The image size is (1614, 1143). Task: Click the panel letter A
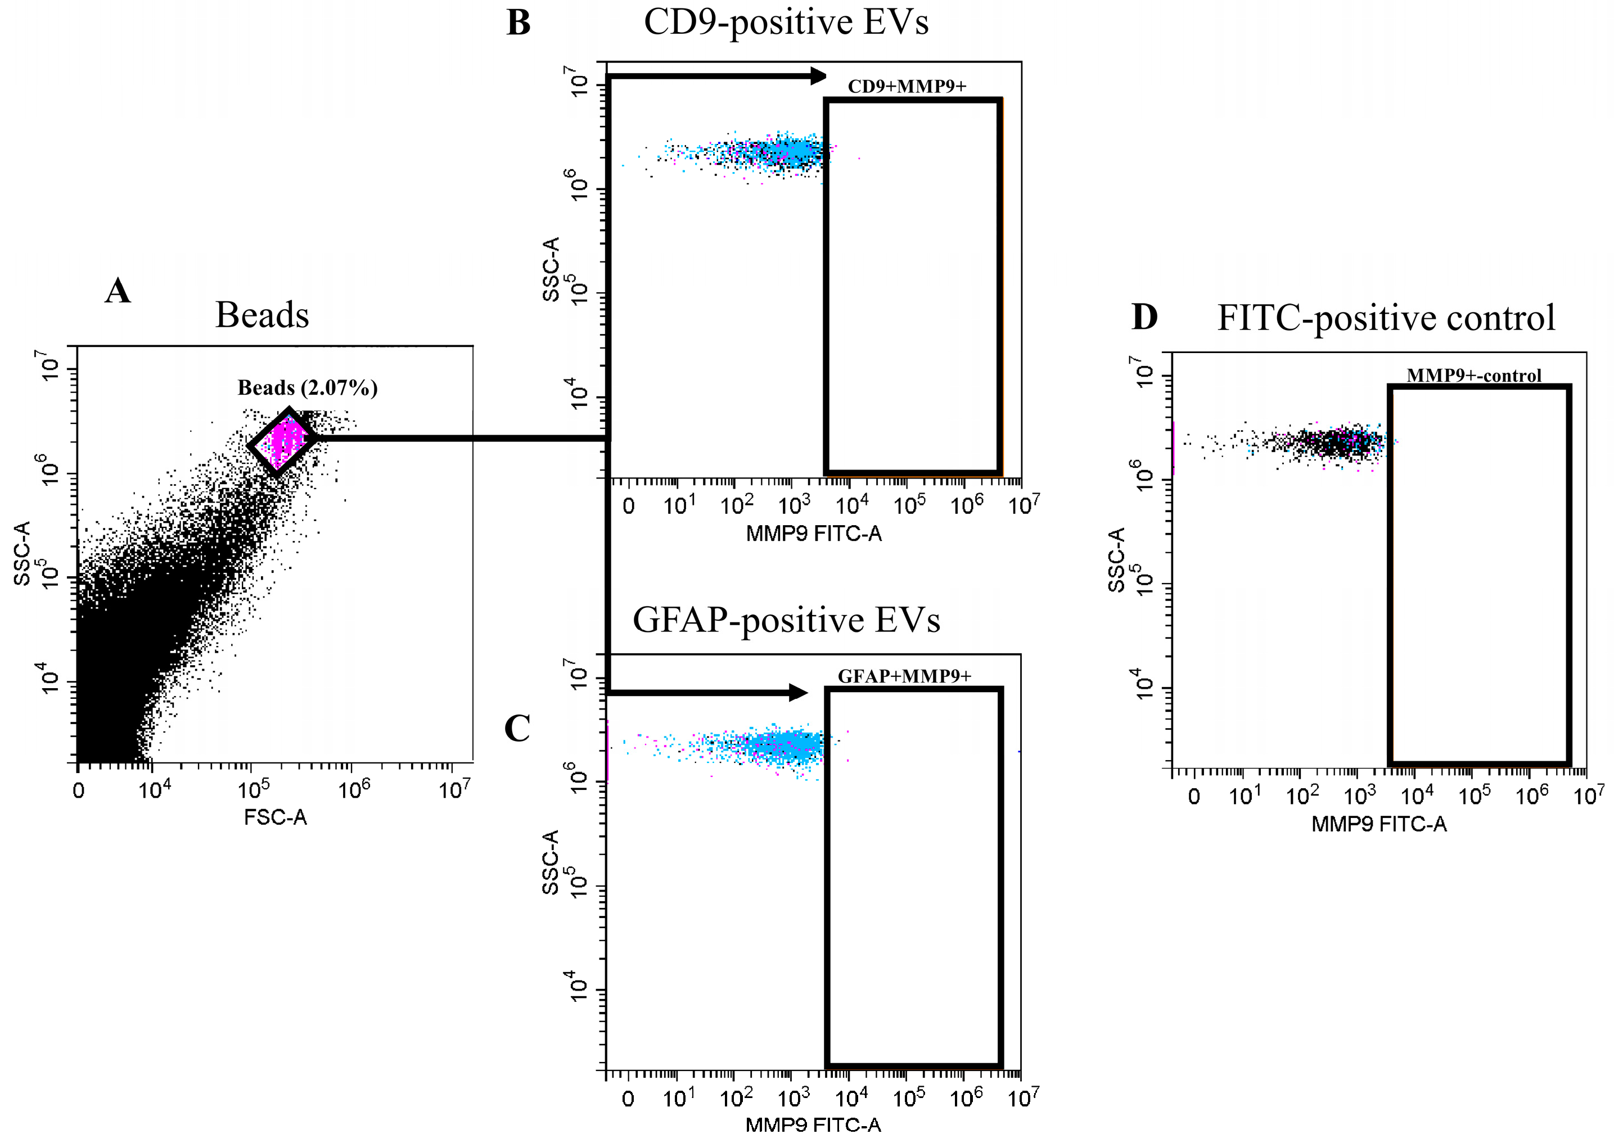(118, 291)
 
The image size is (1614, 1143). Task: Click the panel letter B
(518, 23)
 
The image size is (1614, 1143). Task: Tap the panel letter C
(517, 729)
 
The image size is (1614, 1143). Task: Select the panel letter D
(1144, 318)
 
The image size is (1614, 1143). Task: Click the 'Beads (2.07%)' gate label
(308, 388)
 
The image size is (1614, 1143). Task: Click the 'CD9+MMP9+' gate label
(907, 87)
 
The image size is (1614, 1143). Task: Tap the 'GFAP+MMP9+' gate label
(904, 676)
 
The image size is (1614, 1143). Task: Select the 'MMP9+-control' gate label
(1474, 376)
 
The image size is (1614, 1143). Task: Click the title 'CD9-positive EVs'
(786, 22)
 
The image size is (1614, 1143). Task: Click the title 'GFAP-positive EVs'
(786, 621)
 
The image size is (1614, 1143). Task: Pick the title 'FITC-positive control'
(1386, 318)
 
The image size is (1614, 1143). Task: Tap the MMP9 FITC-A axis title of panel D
(1379, 824)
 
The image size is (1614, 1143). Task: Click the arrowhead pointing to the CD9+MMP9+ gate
(818, 75)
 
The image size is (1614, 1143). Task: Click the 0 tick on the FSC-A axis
(78, 791)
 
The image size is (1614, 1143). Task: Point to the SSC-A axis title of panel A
(22, 553)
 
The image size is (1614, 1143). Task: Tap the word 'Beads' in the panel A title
(262, 315)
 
